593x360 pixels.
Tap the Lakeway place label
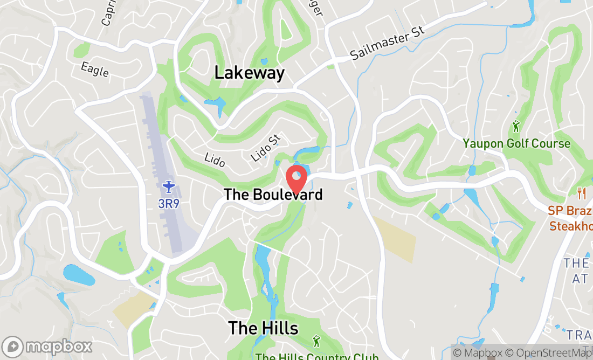(x=249, y=72)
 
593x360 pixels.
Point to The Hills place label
(x=263, y=327)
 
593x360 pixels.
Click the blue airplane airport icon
(x=169, y=187)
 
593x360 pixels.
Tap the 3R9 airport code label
(x=169, y=203)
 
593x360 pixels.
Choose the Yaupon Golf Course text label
(x=516, y=143)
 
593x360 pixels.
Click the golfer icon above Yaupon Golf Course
(x=516, y=127)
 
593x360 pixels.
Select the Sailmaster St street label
(x=387, y=43)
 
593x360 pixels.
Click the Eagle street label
(x=95, y=69)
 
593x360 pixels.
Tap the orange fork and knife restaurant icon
(x=581, y=192)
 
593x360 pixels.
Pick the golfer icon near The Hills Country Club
(x=316, y=341)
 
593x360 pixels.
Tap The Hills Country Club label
(x=317, y=356)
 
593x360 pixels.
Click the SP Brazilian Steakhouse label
(x=570, y=218)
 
